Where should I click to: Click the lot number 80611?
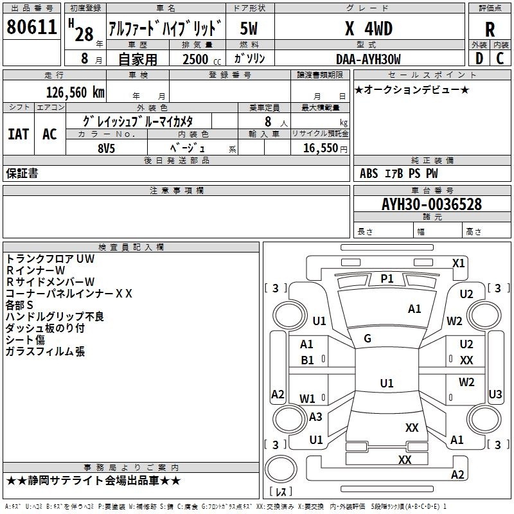[32, 27]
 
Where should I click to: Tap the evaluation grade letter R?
[490, 29]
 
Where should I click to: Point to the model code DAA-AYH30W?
[368, 59]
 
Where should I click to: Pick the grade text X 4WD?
[368, 28]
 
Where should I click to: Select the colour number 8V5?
[105, 148]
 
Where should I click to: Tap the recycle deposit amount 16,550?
[319, 148]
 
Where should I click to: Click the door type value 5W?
[249, 28]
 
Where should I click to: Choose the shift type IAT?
[18, 134]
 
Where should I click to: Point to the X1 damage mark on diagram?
[458, 263]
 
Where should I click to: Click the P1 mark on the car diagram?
[387, 278]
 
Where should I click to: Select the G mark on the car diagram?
[368, 339]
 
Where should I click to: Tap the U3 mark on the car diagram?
[495, 394]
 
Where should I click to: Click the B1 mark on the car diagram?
[307, 360]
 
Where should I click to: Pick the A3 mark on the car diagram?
[315, 416]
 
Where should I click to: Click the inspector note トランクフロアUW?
[50, 258]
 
